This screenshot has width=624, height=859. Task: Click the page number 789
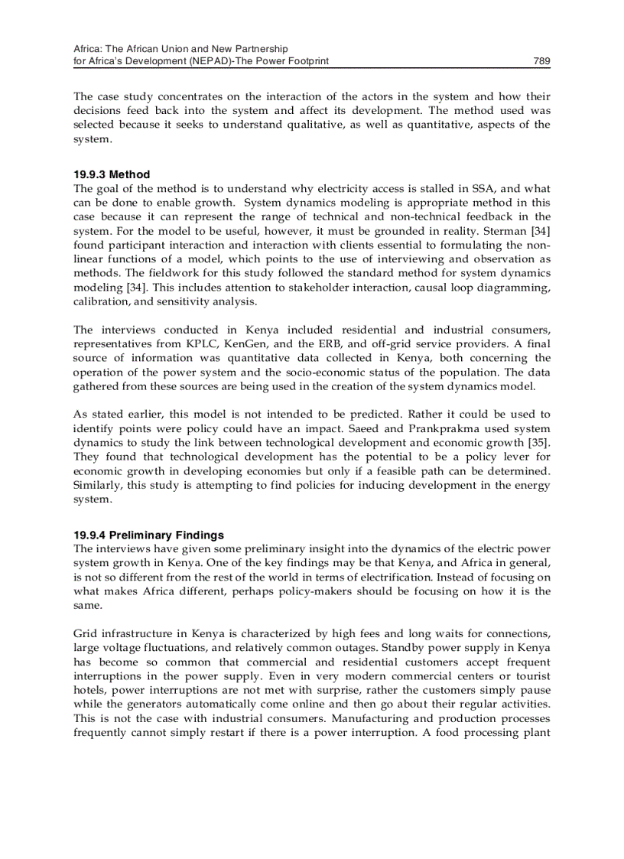541,61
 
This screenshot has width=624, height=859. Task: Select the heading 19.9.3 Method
112,174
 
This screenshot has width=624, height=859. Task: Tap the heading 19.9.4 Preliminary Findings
148,535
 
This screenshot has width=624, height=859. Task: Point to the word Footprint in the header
305,61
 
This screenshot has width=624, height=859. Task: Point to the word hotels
89,690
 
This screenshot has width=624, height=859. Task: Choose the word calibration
101,301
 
